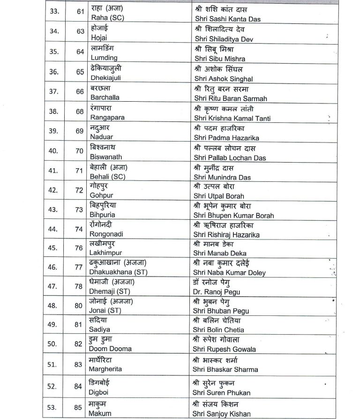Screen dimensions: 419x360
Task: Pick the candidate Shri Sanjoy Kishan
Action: tap(221, 414)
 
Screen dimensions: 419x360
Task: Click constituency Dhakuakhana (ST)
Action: tap(118, 272)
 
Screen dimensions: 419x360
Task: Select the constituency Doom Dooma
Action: tap(111, 349)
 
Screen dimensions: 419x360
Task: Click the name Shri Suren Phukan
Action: tap(222, 392)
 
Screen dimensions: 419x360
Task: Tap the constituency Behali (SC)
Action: tap(108, 177)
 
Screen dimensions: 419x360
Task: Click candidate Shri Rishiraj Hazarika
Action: tap(226, 235)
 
